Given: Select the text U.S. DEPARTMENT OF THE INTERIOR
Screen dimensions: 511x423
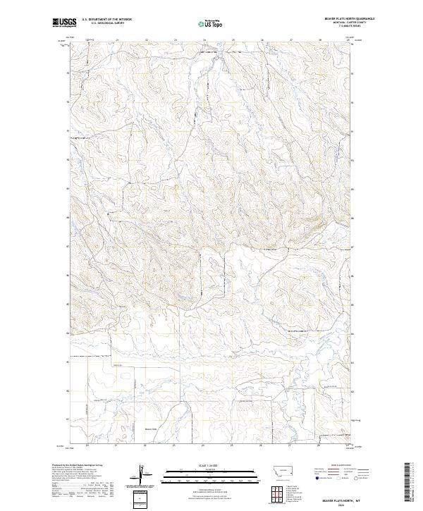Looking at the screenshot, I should pyautogui.click(x=106, y=19).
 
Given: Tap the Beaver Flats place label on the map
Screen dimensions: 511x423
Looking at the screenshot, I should pyautogui.click(x=149, y=429).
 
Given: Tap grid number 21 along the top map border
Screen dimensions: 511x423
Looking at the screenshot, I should pyautogui.click(x=116, y=39).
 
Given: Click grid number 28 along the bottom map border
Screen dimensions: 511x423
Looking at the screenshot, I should pyautogui.click(x=319, y=445).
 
